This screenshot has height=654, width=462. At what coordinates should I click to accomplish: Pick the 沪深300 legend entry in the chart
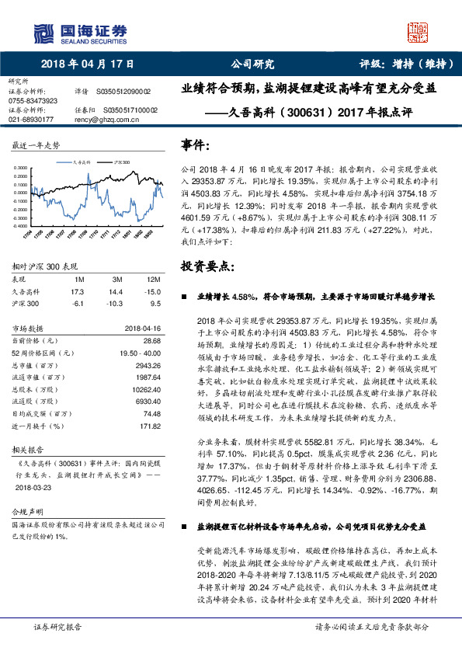click(122, 163)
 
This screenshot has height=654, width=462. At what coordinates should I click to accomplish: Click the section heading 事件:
click(196, 145)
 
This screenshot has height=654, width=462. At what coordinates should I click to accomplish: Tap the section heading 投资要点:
click(207, 266)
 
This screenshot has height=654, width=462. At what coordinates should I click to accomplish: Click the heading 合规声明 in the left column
click(26, 513)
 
